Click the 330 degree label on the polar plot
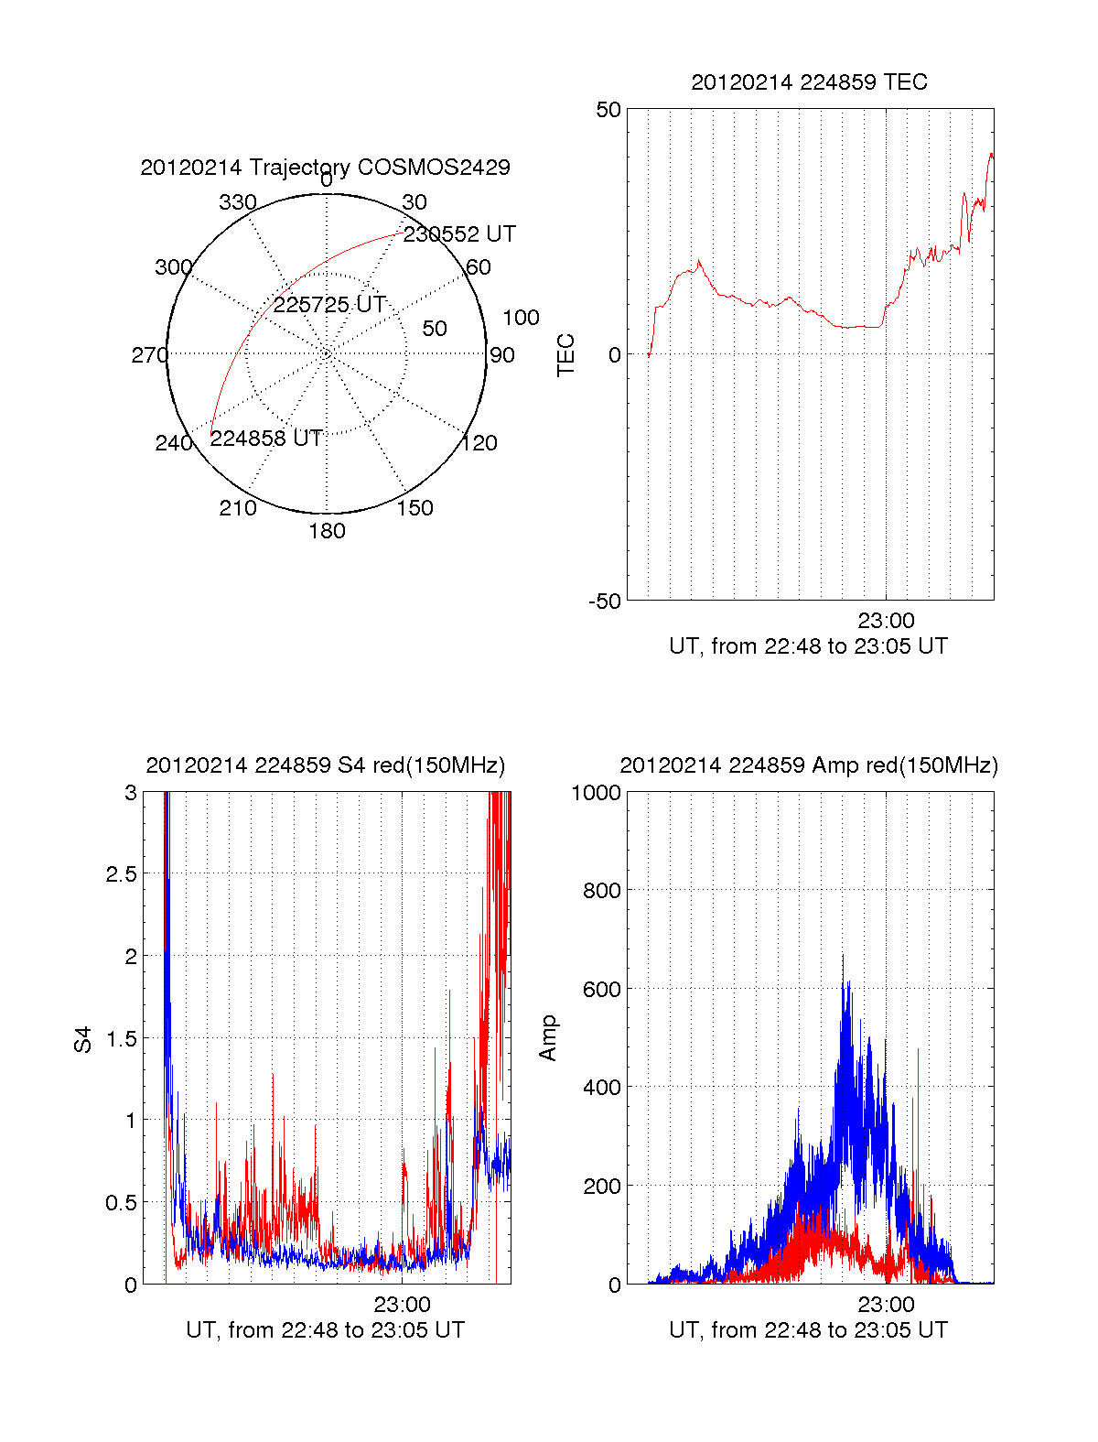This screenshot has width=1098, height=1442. [238, 202]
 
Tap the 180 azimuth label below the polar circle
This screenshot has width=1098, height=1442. [327, 531]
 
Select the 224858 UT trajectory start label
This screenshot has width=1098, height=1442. [265, 439]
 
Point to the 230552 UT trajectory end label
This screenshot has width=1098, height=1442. [459, 233]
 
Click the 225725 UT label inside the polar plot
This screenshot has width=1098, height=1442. [328, 305]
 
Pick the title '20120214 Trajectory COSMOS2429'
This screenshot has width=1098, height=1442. [326, 168]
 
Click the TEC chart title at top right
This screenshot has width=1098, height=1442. [809, 82]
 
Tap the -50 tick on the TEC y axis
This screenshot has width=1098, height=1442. [605, 602]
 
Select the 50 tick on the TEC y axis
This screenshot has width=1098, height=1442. [608, 110]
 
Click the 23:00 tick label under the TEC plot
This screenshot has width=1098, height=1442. [886, 620]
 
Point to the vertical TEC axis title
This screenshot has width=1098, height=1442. [565, 354]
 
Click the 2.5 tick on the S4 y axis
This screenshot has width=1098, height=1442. [122, 873]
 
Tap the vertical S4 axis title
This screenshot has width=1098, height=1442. [82, 1039]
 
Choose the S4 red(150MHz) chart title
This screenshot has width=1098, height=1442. [326, 765]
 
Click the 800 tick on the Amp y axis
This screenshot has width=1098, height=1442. [602, 890]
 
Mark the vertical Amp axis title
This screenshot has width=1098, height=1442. [547, 1038]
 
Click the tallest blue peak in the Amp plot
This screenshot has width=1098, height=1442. [843, 956]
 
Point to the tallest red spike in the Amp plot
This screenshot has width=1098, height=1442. [918, 1050]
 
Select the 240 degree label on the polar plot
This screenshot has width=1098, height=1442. [174, 443]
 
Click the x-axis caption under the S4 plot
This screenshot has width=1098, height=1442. [326, 1330]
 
